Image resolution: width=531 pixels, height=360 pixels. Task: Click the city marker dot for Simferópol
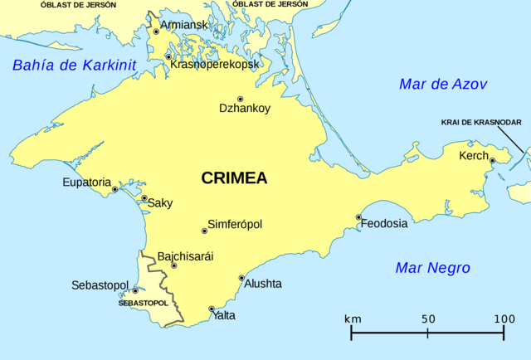point(204,231)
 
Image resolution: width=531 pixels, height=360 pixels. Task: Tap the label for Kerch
point(474,156)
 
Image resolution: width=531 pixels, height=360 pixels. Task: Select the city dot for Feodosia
point(358,217)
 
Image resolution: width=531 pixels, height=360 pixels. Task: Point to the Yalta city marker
point(211,309)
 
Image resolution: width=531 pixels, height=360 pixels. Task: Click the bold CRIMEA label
point(234,178)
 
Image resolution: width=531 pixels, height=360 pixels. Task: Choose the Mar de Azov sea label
point(442,84)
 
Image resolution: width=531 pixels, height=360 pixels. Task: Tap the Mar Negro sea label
point(432,268)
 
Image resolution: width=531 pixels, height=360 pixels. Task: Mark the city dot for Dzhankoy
point(241,98)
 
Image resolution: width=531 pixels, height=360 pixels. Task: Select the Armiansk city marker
point(156,32)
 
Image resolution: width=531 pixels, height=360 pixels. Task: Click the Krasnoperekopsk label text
point(215,64)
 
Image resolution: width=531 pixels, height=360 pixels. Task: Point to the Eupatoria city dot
point(114,189)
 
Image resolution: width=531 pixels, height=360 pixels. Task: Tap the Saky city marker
point(144,198)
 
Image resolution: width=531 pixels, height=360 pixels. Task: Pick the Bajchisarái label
point(185,256)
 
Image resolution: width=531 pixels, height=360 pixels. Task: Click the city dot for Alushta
point(241,278)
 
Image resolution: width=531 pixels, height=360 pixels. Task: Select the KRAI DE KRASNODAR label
point(481,123)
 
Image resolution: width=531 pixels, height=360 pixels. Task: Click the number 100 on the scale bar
point(504,319)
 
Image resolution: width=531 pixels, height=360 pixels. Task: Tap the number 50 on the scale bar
point(427,319)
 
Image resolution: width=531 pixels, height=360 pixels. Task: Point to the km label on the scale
point(353,319)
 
